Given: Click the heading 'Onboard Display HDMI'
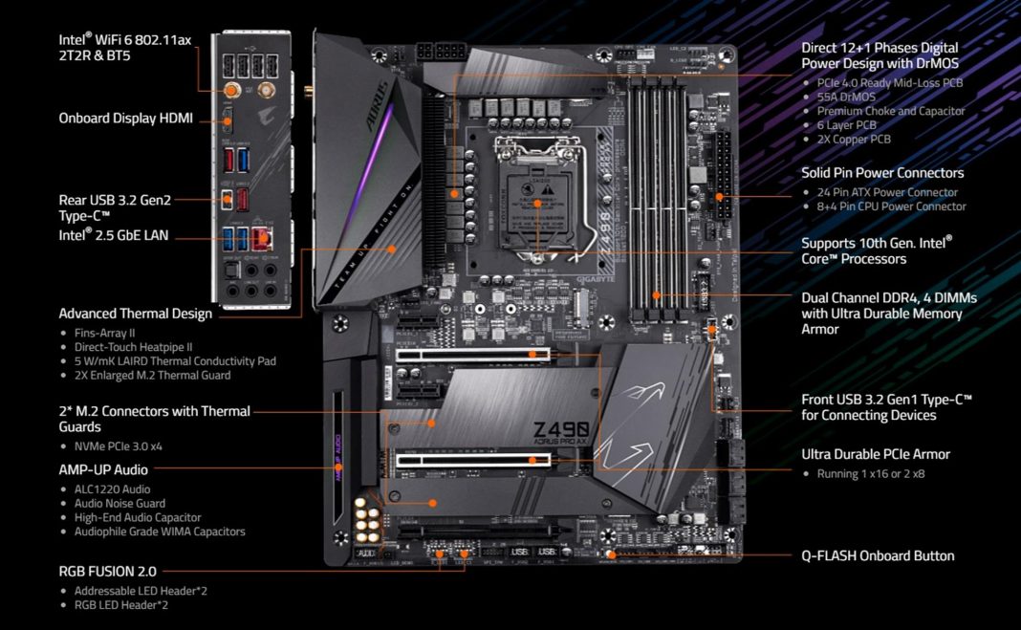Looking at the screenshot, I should coord(125,119).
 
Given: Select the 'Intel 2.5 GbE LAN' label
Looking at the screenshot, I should coord(114,234).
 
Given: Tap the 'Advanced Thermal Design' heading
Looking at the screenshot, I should coord(135,314).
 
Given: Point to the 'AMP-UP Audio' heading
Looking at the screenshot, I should coord(103,469).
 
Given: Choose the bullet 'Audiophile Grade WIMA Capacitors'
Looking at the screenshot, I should coord(160,532).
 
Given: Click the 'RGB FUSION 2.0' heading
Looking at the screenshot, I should coord(107,571).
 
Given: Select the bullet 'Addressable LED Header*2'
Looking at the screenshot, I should coord(141,591).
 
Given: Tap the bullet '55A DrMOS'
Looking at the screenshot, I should coord(846,97).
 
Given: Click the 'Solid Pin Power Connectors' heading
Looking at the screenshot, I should coord(881,173).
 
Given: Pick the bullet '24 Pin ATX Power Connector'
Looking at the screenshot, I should coord(888,192).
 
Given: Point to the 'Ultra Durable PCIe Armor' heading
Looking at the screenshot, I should coord(875,454).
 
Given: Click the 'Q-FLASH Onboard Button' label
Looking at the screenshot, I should coord(877,555).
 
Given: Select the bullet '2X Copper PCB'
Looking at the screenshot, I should coord(853,140).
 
